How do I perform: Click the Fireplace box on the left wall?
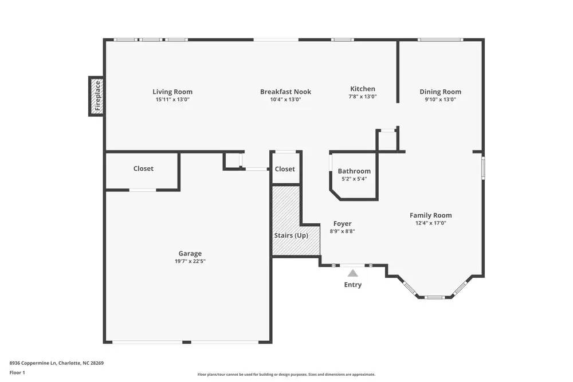point(96,96)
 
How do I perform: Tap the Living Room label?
point(172,92)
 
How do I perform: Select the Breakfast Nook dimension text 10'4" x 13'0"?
point(285,100)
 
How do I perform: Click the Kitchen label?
point(363,89)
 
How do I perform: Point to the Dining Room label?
point(440,92)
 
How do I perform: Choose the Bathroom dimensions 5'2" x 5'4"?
point(354,179)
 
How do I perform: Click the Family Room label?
point(430,215)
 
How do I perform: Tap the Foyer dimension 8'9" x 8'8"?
point(343,231)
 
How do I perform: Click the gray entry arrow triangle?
point(353,273)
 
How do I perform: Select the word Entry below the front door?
point(353,285)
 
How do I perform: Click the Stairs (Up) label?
point(291,235)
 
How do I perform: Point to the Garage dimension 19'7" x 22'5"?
point(190,261)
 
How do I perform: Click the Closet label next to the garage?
point(143,168)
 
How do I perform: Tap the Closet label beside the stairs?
point(285,169)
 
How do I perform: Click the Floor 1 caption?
point(17,372)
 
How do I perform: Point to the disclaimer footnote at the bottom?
point(286,375)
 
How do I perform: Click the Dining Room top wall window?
point(439,40)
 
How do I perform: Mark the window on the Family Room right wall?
point(483,168)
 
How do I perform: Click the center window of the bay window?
point(434,297)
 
